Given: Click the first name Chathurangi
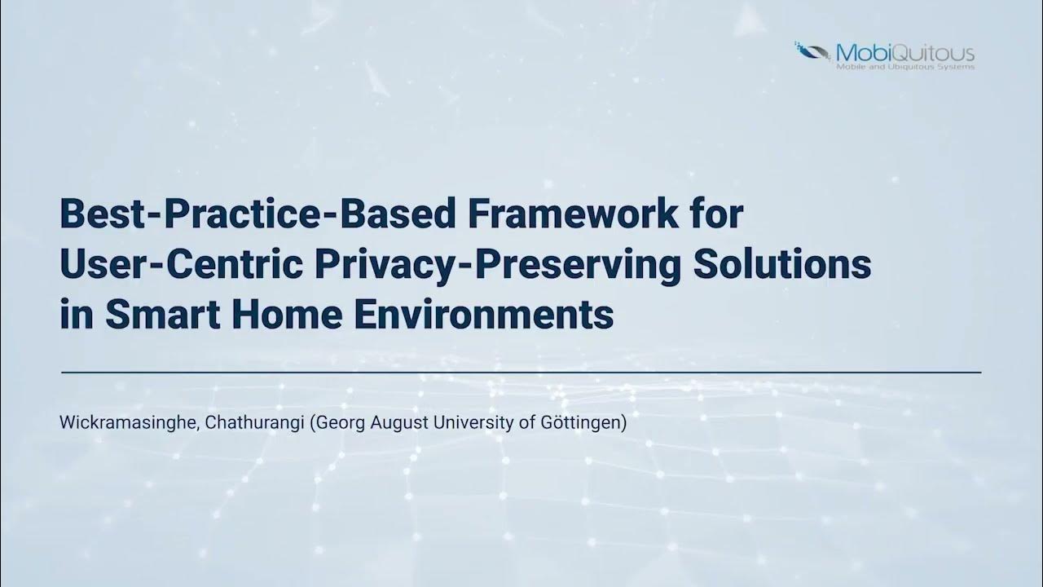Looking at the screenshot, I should click(x=258, y=424).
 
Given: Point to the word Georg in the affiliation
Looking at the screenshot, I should click(x=336, y=424).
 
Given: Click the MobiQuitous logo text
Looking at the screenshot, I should click(x=905, y=53).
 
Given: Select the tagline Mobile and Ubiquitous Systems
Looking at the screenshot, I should click(x=905, y=67).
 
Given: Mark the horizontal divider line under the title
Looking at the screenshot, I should click(x=521, y=372).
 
